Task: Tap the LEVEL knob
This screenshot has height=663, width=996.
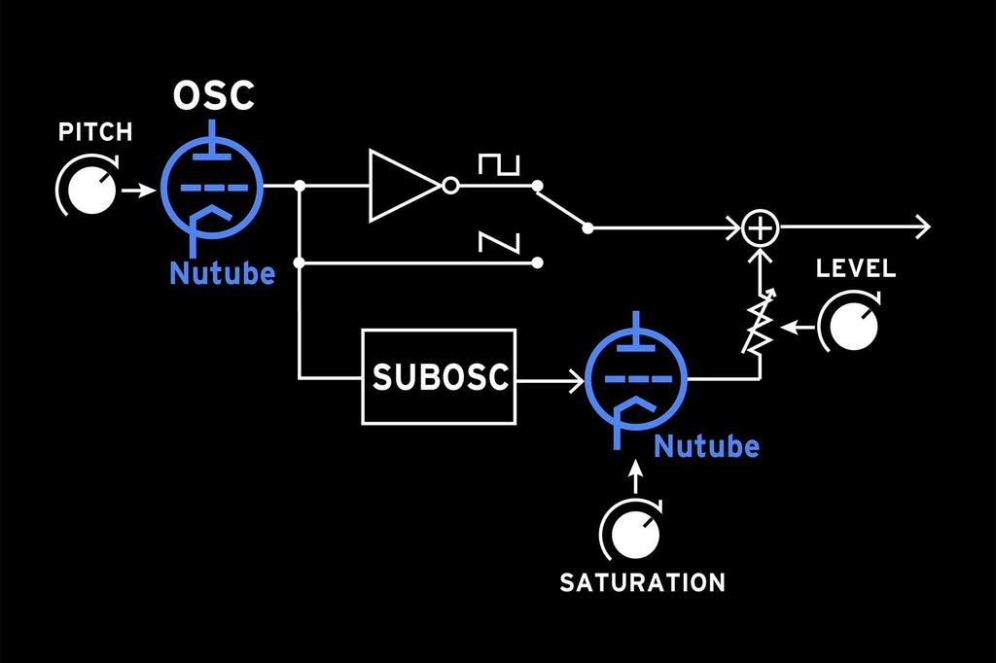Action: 853,326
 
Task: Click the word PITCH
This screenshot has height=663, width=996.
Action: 95,132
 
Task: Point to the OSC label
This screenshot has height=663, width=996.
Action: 214,96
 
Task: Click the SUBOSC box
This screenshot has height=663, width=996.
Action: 440,377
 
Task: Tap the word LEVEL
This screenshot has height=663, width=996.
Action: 856,268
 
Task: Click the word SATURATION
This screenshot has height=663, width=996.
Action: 642,583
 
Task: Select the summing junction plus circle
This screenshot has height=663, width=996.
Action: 761,228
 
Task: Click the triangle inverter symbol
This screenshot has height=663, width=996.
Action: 401,185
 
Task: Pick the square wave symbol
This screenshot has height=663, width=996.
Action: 499,165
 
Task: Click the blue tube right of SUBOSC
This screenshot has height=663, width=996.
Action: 637,377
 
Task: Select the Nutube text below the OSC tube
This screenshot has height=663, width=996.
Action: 222,274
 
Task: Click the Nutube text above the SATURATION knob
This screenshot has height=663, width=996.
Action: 706,447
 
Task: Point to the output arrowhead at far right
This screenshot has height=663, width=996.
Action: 921,228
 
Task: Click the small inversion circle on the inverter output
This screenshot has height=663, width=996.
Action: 449,185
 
